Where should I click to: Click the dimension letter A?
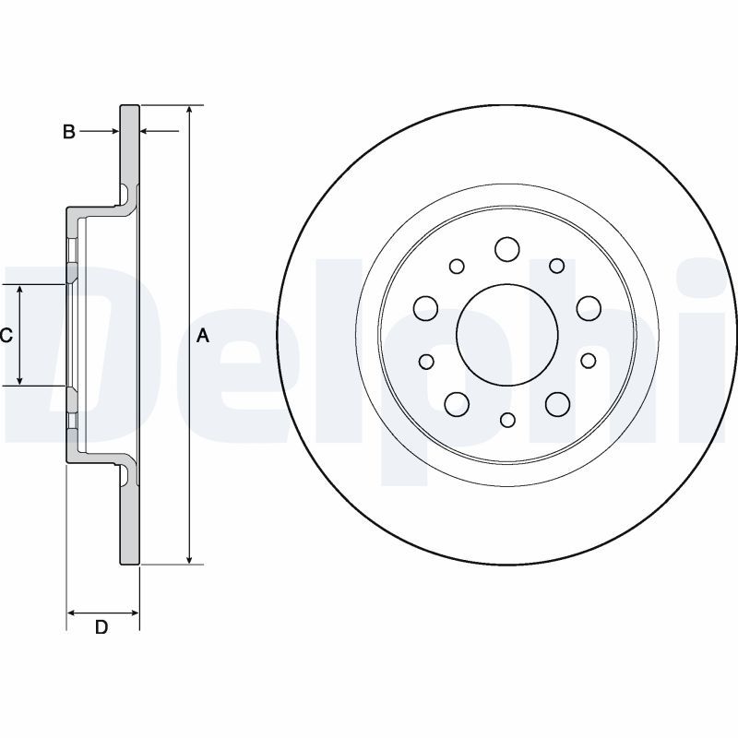pos(204,337)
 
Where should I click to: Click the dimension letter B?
pos(68,133)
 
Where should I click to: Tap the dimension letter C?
pos(6,336)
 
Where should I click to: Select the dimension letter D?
pos(102,627)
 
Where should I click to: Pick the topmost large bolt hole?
pos(506,248)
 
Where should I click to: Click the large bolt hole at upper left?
pos(425,307)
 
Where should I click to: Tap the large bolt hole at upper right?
pos(588,306)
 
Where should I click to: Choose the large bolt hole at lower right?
pos(557,403)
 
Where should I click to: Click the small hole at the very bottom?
pos(506,420)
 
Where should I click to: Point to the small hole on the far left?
pos(425,361)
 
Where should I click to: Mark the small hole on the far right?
pos(588,360)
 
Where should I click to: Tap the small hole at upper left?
pos(457,266)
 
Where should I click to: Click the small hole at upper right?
pos(557,266)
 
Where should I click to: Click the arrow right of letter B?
pos(114,133)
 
